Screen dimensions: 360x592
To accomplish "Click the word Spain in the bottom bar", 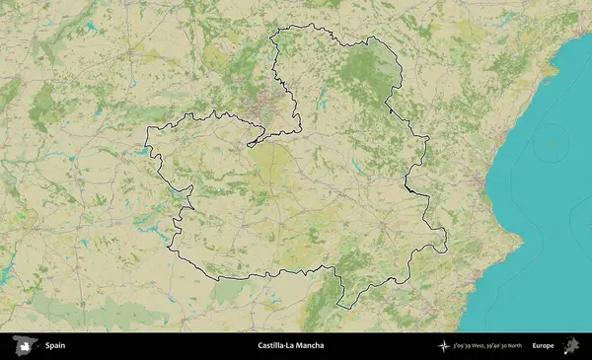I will [55, 346].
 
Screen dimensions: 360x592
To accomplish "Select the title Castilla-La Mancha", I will [290, 346].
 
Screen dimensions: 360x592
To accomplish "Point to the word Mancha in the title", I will [310, 346].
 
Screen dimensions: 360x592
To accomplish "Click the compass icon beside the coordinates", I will [444, 346].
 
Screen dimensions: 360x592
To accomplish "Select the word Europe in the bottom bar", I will [543, 346].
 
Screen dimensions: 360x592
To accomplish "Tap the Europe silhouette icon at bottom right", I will [570, 345].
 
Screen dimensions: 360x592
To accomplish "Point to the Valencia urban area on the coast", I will [481, 183].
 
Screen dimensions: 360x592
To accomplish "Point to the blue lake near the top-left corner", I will [88, 27].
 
